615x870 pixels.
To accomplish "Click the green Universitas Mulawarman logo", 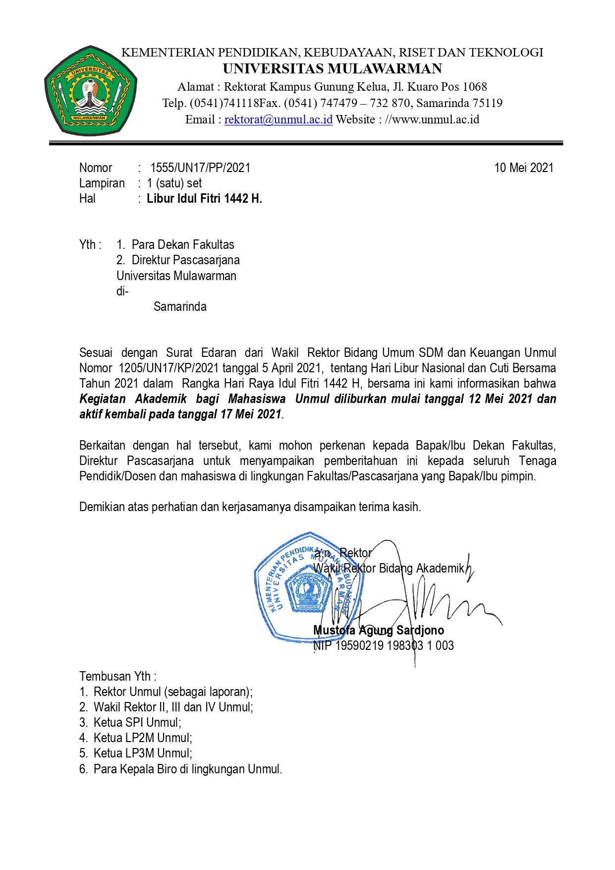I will click(90, 91).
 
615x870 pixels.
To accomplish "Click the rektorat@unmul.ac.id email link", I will click(278, 119).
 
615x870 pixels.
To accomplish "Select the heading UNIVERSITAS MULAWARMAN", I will click(332, 68).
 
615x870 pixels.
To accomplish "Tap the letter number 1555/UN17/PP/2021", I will click(200, 168).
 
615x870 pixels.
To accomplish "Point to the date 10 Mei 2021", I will click(523, 168).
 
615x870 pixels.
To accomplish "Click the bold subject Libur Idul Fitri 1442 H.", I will click(204, 199).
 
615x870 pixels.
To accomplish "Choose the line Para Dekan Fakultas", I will click(182, 244).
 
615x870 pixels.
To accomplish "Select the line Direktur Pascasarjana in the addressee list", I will click(185, 260).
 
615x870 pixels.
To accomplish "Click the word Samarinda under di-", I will click(180, 306).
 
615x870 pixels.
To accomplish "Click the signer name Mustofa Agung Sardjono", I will click(378, 630).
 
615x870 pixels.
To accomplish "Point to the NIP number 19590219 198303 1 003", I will click(394, 645).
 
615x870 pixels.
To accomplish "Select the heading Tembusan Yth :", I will click(117, 676).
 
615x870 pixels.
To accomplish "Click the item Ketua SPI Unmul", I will click(137, 722).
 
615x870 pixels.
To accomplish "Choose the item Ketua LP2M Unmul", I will click(143, 738).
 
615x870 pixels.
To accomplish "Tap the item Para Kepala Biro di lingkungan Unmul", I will click(187, 769).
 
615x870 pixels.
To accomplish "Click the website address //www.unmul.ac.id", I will click(432, 119).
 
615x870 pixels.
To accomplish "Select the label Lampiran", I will click(102, 183).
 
